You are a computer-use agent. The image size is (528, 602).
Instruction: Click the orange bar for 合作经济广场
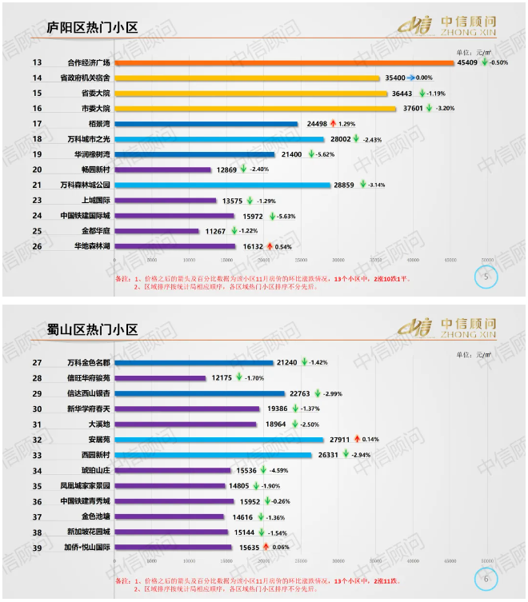click(x=284, y=62)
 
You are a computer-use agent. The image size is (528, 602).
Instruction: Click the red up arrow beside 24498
click(x=333, y=124)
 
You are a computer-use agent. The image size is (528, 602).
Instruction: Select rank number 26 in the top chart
click(x=37, y=246)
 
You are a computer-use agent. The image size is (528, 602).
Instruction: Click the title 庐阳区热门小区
click(x=92, y=28)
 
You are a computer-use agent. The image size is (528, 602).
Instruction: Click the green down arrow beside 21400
click(x=310, y=154)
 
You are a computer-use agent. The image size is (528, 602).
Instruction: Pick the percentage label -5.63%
click(x=287, y=216)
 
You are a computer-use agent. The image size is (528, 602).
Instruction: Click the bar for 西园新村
click(x=214, y=455)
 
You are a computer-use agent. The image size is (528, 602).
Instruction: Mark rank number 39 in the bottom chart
click(x=37, y=548)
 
